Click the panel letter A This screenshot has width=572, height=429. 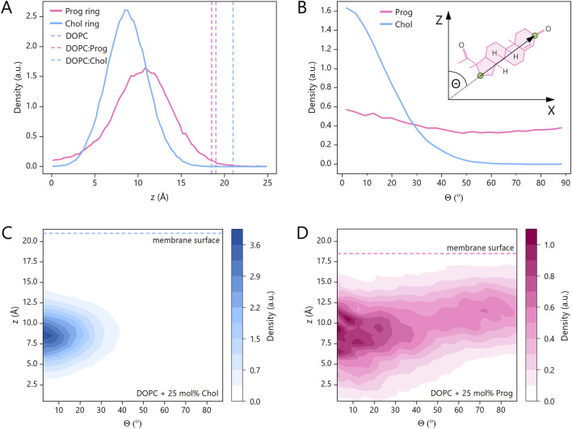point(6,7)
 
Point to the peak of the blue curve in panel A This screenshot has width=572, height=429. point(126,10)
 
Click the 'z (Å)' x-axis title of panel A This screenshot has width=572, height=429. point(159,198)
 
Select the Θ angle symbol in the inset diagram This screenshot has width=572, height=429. point(456,84)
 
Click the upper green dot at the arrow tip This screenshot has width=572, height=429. point(535,35)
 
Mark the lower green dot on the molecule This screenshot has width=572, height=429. point(481,76)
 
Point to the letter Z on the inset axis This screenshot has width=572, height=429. point(440,19)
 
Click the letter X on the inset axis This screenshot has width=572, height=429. point(551,110)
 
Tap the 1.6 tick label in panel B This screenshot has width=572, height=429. point(326,11)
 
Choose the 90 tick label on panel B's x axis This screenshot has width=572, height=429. point(566,182)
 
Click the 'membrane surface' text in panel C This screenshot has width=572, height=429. point(186,240)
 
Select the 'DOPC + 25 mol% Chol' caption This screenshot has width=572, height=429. point(178,394)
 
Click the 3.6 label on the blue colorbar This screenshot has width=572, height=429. point(255,245)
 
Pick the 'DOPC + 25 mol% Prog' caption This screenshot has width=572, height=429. point(472,394)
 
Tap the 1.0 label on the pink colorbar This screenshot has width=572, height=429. point(549,245)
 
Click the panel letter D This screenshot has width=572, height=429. point(302,233)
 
